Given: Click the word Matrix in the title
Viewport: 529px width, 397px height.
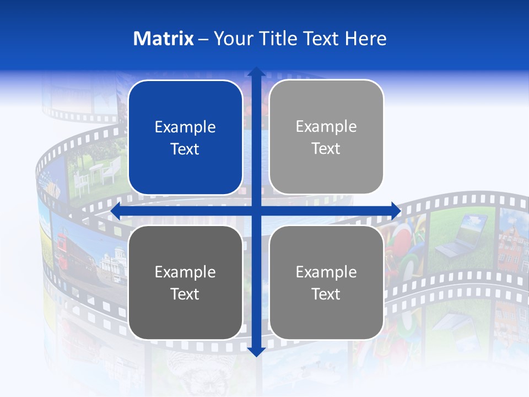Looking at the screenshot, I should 164,39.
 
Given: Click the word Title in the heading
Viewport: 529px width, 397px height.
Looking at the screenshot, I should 278,39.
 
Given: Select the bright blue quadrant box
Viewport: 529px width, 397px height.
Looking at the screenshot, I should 185,138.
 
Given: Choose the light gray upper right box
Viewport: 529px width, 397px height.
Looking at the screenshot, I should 326,138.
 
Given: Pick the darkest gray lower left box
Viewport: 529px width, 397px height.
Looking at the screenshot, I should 185,282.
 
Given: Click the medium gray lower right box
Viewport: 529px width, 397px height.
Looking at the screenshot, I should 326,282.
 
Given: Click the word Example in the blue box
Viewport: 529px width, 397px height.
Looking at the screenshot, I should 185,127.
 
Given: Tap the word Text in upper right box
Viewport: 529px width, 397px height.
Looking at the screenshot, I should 326,149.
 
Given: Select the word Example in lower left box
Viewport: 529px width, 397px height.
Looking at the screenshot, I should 185,272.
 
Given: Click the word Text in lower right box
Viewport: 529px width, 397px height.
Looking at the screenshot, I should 326,294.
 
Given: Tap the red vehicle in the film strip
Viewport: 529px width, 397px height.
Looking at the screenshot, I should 69,251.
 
